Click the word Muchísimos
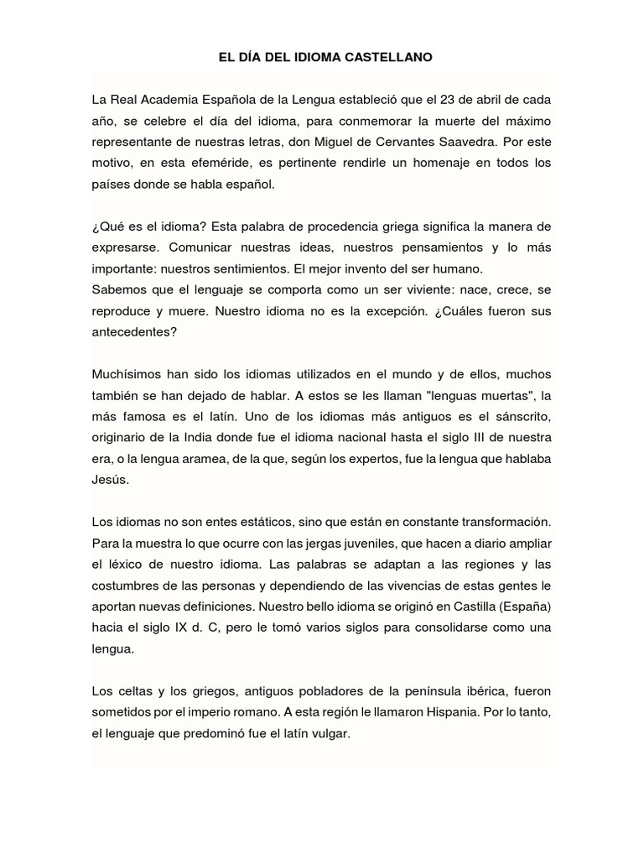[125, 373]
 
